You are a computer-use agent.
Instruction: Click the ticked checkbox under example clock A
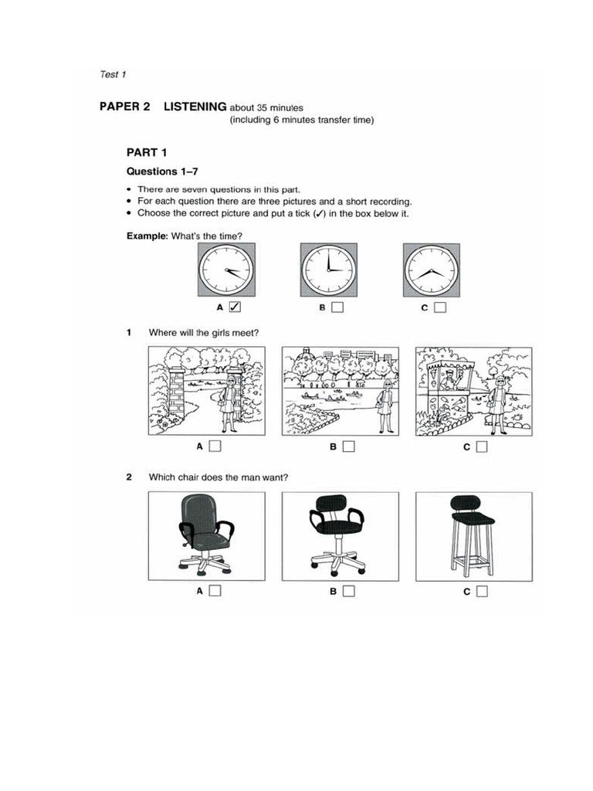pyautogui.click(x=235, y=307)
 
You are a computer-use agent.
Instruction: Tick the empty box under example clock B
pyautogui.click(x=337, y=307)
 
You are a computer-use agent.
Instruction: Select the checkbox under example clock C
pyautogui.click(x=439, y=307)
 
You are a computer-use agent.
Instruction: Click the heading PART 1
pyautogui.click(x=147, y=152)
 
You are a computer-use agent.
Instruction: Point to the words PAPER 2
pyautogui.click(x=124, y=107)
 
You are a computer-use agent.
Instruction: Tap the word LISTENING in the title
pyautogui.click(x=195, y=107)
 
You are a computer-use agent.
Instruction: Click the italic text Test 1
pyautogui.click(x=113, y=74)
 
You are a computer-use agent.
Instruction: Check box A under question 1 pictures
pyautogui.click(x=215, y=446)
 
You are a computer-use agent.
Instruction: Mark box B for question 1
pyautogui.click(x=348, y=446)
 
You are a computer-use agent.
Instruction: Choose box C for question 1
pyautogui.click(x=482, y=446)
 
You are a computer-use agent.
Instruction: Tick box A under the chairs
pyautogui.click(x=215, y=592)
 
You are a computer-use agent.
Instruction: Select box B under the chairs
pyautogui.click(x=348, y=592)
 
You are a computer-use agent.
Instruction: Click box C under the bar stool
pyautogui.click(x=482, y=592)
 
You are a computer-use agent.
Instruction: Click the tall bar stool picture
pyautogui.click(x=471, y=535)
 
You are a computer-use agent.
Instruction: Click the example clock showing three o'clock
pyautogui.click(x=328, y=270)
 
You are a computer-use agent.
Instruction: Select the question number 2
pyautogui.click(x=129, y=477)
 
